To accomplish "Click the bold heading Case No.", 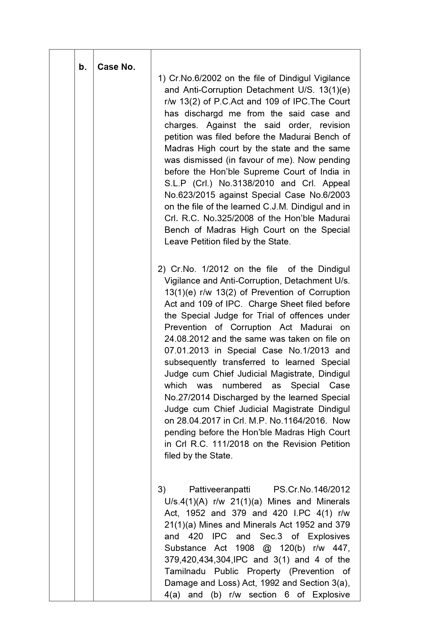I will tap(116, 67).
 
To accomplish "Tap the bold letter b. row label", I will tap(83, 67).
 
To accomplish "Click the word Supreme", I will tap(271, 172).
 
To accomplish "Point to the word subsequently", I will tap(191, 362).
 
